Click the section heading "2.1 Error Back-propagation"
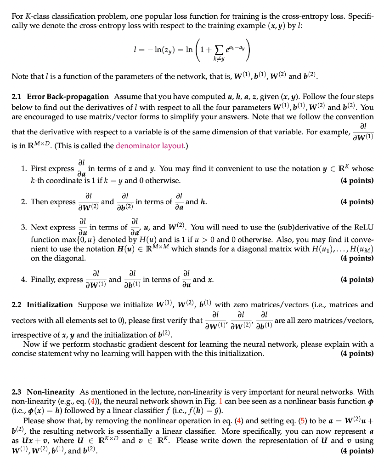pos(60,97)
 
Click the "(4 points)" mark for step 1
pos(357,180)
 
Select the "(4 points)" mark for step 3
pos(357,258)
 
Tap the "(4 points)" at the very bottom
pos(357,450)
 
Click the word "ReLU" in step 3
pos(364,227)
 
